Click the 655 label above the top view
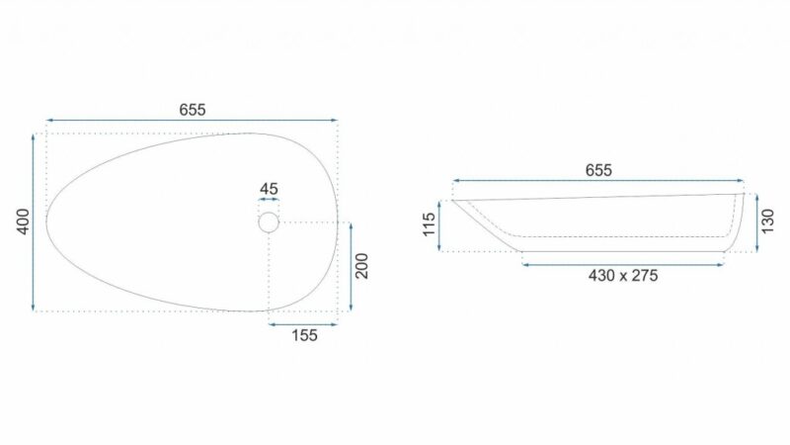coord(193,110)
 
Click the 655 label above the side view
coord(598,170)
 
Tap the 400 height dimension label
coord(23,222)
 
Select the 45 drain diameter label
coord(269,189)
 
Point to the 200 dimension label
coord(361,266)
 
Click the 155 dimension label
coord(304,335)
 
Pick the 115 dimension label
coord(429,224)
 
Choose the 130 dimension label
coord(767,222)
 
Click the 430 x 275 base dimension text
coord(623,276)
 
